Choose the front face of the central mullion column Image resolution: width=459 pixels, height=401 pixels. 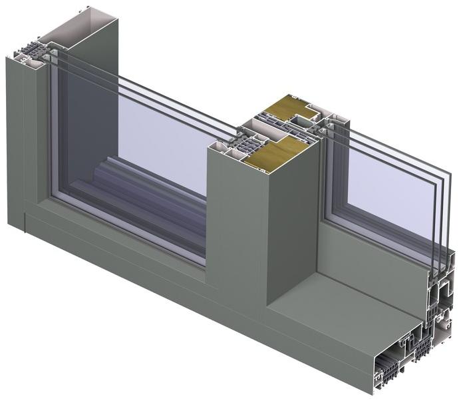pyautogui.click(x=236, y=226)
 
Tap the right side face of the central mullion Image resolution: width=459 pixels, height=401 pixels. pyautogui.click(x=293, y=220)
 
